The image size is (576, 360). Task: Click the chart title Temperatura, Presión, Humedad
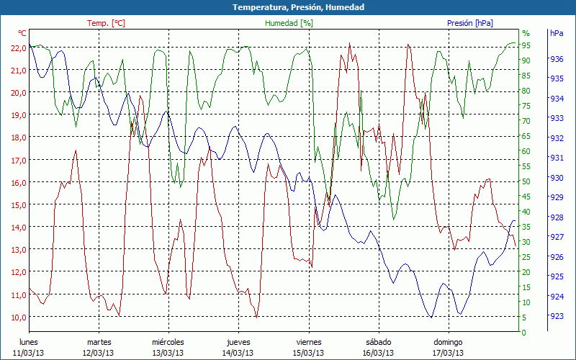pyautogui.click(x=288, y=7)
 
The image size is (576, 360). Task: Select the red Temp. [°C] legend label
pyautogui.click(x=106, y=23)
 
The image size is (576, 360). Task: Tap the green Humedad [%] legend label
pyautogui.click(x=289, y=23)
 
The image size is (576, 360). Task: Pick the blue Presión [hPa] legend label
pyautogui.click(x=470, y=23)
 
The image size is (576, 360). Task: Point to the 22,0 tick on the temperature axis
pyautogui.click(x=18, y=48)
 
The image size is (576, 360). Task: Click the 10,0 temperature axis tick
pyautogui.click(x=18, y=317)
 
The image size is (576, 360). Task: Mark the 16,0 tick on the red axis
pyautogui.click(x=18, y=182)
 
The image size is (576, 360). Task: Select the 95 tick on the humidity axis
pyautogui.click(x=526, y=45)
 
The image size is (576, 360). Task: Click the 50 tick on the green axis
pyautogui.click(x=526, y=181)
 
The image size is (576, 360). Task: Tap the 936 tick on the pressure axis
pyautogui.click(x=557, y=59)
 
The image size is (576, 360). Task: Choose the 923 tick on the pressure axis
pyautogui.click(x=557, y=316)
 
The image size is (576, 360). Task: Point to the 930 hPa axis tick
pyautogui.click(x=557, y=178)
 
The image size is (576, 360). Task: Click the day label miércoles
pyautogui.click(x=168, y=342)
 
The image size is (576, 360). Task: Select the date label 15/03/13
pyautogui.click(x=307, y=353)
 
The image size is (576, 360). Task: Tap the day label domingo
pyautogui.click(x=448, y=342)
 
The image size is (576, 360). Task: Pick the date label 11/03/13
pyautogui.click(x=28, y=353)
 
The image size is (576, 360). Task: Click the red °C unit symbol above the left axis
pyautogui.click(x=22, y=33)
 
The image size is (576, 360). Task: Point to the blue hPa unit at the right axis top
pyautogui.click(x=557, y=33)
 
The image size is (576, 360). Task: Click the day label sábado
pyautogui.click(x=378, y=342)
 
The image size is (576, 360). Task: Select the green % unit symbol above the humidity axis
pyautogui.click(x=526, y=33)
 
